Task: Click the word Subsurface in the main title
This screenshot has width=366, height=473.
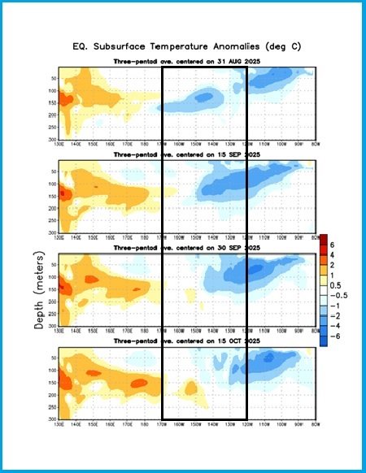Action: pyautogui.click(x=151, y=47)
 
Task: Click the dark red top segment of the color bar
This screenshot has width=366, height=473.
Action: pyautogui.click(x=324, y=239)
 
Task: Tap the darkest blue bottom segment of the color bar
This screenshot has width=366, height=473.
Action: pyautogui.click(x=324, y=339)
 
